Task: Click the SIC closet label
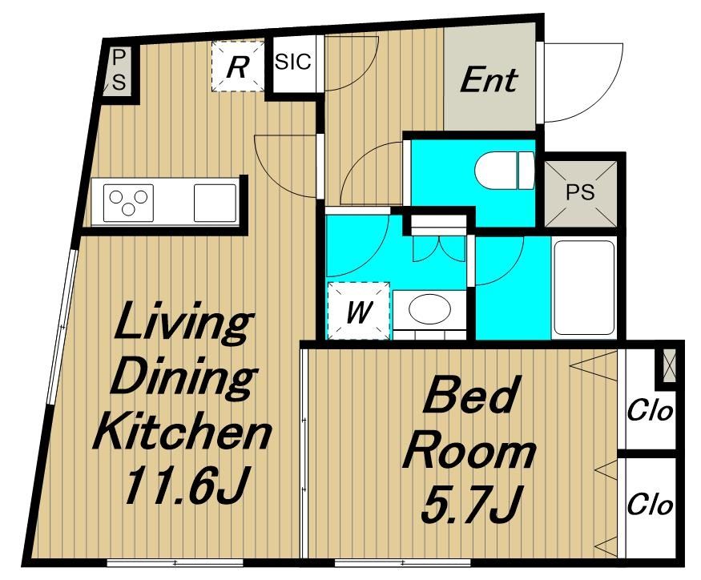293,62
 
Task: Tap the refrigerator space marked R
238,66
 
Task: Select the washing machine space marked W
359,311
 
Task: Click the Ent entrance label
489,80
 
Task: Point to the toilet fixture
505,171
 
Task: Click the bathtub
584,288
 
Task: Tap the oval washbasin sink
431,309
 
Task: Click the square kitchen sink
215,203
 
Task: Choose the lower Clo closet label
650,505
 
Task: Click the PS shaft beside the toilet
580,191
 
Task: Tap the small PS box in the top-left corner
118,70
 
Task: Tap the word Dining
184,379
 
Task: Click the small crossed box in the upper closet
668,366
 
